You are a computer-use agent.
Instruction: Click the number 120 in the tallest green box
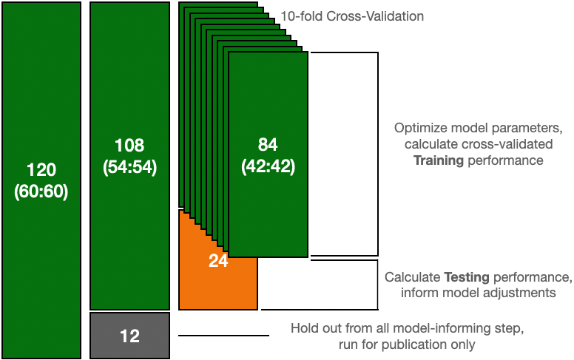(x=41, y=169)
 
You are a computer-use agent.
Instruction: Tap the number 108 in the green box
(x=129, y=145)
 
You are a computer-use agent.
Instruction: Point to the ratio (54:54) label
(x=129, y=167)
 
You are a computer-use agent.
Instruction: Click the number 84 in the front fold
(x=268, y=145)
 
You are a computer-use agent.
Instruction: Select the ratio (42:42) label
(x=268, y=167)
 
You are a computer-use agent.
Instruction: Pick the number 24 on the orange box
(x=218, y=260)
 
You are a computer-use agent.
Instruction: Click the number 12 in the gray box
(x=129, y=336)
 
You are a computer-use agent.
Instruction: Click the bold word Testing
(x=467, y=277)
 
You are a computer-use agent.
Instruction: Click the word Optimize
(x=419, y=127)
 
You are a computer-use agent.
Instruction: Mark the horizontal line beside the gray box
(x=223, y=336)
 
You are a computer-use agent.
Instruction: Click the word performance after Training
(x=507, y=160)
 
